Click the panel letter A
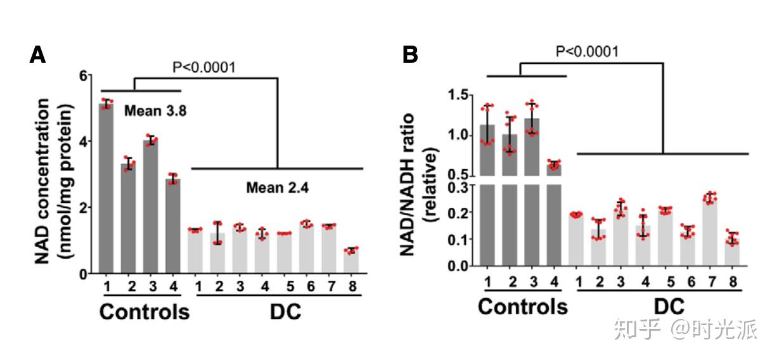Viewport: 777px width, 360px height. point(38,55)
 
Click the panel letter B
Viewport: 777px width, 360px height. point(411,55)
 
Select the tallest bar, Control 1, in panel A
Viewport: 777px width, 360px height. point(106,190)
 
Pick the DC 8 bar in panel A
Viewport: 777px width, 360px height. point(351,262)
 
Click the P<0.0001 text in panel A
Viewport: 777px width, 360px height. point(204,67)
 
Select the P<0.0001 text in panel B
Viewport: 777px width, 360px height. point(587,51)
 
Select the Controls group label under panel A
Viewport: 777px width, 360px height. point(145,312)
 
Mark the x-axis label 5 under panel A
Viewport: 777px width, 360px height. point(290,286)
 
